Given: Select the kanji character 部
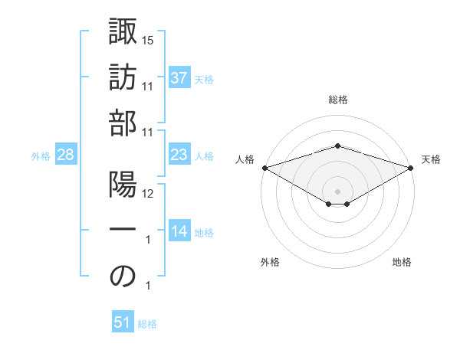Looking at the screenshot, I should point(123,123).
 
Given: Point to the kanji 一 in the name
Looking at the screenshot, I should point(123,231).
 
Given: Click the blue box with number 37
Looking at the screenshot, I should point(179,77).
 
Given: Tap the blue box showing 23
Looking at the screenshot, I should point(179,155).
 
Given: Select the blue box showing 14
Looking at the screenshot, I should point(179,231).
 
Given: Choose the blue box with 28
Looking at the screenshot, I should point(66,155).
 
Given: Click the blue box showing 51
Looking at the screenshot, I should point(123,322).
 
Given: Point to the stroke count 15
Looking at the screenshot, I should point(149,40).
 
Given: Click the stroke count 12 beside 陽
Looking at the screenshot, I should point(149,193).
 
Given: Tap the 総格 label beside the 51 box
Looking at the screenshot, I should point(147,324).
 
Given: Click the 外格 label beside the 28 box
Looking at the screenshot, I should point(41,156).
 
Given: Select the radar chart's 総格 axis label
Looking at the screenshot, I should point(338,100).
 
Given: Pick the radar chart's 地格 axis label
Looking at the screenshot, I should point(402,262).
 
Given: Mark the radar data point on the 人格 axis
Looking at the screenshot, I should point(264,168).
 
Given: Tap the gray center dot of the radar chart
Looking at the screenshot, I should point(338,190).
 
